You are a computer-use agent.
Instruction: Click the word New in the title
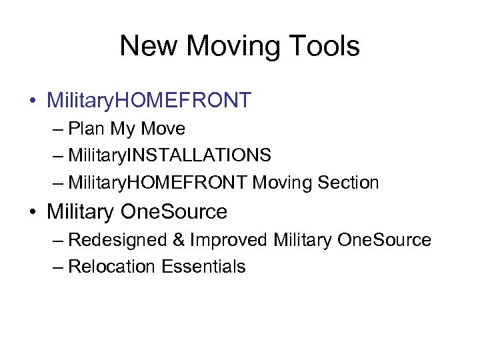pos(148,47)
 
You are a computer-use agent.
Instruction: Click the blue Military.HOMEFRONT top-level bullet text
pos(149,100)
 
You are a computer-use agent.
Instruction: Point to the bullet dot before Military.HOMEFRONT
pos(33,101)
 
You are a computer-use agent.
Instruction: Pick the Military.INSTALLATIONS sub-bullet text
pos(169,155)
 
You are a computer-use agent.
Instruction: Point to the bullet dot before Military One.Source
pos(33,213)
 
